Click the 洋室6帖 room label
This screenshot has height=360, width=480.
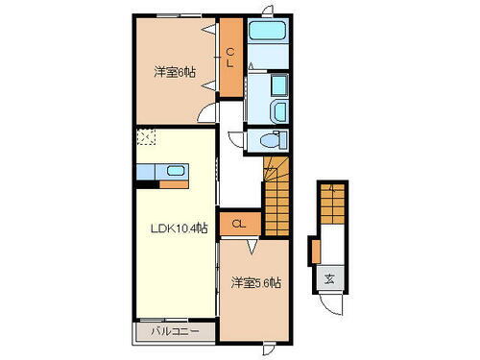click(169, 72)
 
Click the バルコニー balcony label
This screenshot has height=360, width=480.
click(174, 332)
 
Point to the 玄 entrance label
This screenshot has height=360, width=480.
click(328, 279)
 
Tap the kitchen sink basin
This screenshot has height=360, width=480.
click(176, 171)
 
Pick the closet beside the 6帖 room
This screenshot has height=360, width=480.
click(230, 60)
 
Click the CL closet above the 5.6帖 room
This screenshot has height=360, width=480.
click(238, 224)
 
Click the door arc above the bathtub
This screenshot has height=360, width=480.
click(268, 12)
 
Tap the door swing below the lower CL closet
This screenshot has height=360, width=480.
click(252, 247)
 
